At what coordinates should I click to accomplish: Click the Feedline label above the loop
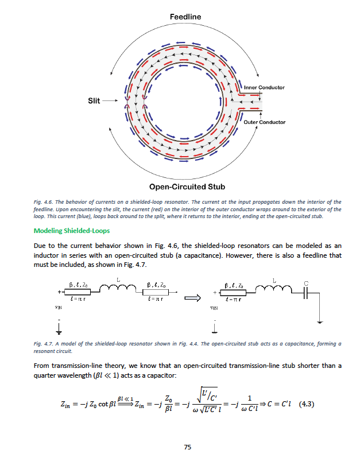point(185,17)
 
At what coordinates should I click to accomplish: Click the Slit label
point(94,100)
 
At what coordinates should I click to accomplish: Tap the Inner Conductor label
point(264,87)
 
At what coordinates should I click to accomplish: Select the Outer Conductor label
point(264,122)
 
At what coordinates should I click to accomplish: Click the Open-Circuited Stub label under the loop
point(187,187)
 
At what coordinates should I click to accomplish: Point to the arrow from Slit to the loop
point(111,100)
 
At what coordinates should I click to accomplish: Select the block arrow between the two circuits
point(192,298)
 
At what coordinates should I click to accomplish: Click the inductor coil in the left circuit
point(118,290)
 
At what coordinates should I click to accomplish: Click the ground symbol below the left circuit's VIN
point(57,328)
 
